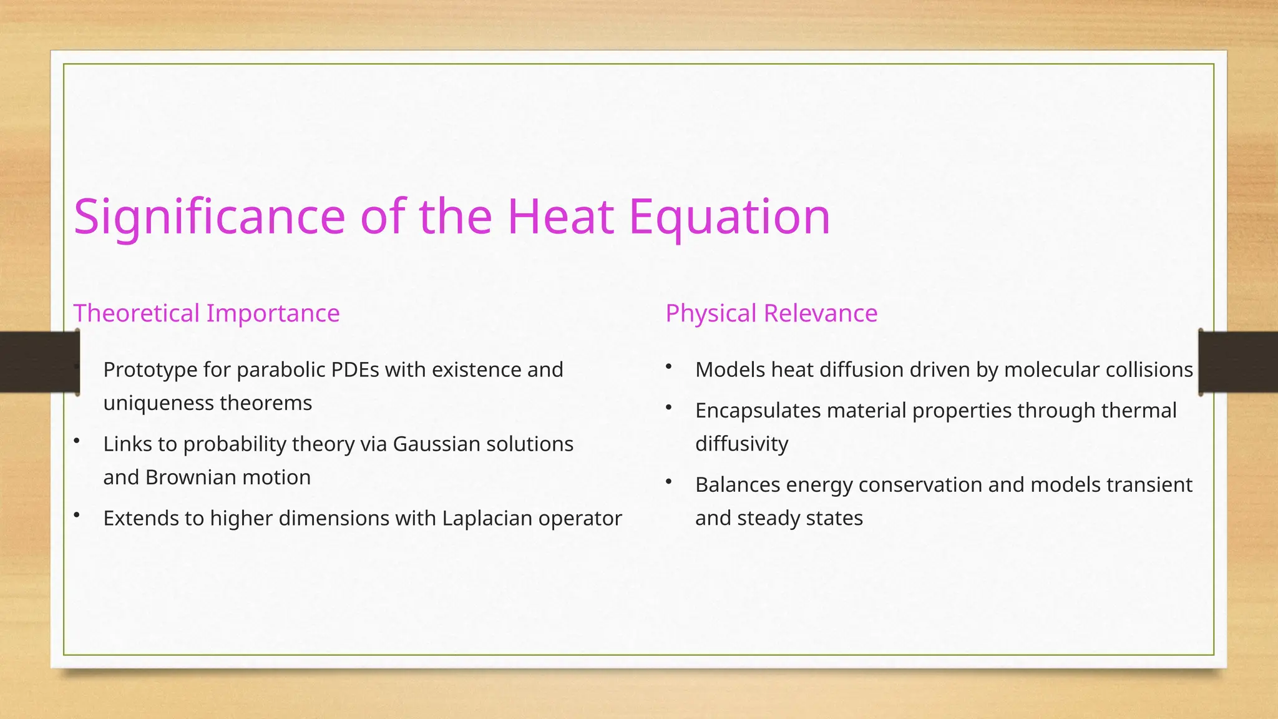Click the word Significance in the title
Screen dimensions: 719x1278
(209, 217)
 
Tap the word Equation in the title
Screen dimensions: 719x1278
(729, 217)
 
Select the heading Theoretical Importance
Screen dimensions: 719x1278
(207, 313)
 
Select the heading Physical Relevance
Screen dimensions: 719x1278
(771, 313)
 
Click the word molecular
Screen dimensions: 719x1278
(1051, 369)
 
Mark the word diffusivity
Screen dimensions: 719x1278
(741, 444)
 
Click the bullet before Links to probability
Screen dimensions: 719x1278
(77, 441)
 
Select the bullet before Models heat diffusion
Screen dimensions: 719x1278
(668, 367)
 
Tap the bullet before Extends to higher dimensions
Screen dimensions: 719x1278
(77, 516)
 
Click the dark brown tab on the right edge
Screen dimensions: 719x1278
(1239, 362)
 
